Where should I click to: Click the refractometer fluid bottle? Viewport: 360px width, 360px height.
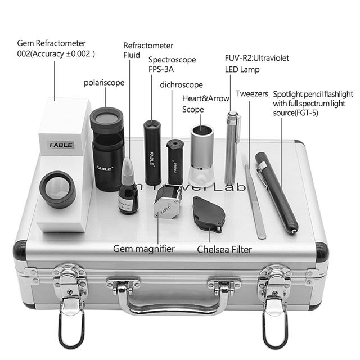[x=128, y=191]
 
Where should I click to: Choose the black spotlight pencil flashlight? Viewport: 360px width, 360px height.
[x=277, y=191]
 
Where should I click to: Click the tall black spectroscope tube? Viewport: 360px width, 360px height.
[x=152, y=152]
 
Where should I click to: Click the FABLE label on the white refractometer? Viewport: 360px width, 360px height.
[x=61, y=145]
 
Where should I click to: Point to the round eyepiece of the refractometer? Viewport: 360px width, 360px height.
[x=57, y=189]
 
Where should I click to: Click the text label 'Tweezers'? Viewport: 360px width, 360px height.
[x=252, y=94]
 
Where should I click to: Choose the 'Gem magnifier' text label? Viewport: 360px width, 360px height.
[x=144, y=247]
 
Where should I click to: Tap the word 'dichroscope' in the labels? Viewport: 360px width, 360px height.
[x=181, y=84]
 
